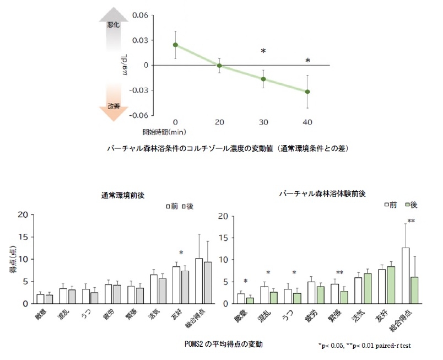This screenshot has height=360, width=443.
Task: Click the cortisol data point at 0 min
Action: click(175, 45)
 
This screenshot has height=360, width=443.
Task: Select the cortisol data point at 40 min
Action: click(307, 92)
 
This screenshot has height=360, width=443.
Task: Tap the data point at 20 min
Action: click(219, 66)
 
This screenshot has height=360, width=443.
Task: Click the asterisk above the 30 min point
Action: click(263, 52)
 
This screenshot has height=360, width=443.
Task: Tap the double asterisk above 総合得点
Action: click(410, 222)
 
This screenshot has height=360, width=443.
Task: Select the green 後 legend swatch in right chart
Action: click(407, 205)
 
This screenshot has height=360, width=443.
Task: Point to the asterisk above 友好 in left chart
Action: click(181, 253)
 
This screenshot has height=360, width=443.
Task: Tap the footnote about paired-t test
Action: click(364, 346)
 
